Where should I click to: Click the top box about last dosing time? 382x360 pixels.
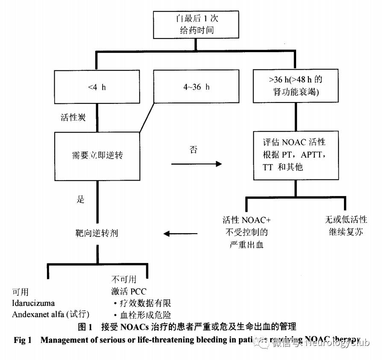pos(196,25)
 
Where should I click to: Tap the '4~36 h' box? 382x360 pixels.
pos(196,87)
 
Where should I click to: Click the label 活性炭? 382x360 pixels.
pos(73,117)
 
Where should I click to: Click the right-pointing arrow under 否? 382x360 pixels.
pos(197,164)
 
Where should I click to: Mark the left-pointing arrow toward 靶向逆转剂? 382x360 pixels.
pos(180,234)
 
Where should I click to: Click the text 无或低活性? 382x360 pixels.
pos(346,220)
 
